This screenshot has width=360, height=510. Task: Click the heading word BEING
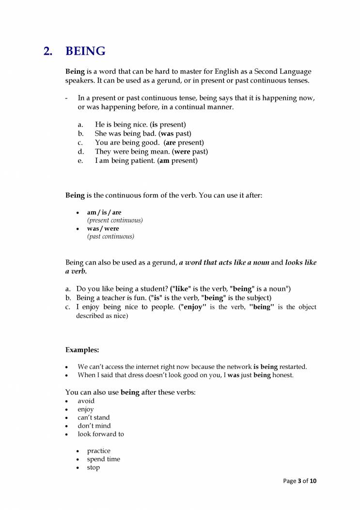click(x=85, y=51)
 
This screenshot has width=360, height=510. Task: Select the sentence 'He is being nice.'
click(x=121, y=125)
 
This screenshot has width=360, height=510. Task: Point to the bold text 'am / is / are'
click(x=104, y=212)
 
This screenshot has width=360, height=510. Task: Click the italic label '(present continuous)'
click(x=115, y=220)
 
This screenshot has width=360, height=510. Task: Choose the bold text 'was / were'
click(x=103, y=228)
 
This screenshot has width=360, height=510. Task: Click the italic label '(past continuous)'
click(x=110, y=237)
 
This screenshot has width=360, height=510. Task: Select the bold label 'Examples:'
click(x=82, y=349)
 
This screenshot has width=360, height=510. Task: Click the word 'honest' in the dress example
click(x=283, y=375)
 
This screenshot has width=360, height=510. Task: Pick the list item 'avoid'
click(x=86, y=401)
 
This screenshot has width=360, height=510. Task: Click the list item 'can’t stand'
click(x=94, y=417)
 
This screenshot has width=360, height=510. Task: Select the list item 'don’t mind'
click(x=94, y=426)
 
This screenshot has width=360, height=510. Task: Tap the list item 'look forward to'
click(x=101, y=434)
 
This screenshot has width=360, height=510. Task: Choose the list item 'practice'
click(x=99, y=451)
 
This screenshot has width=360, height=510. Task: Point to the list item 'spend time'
click(x=104, y=459)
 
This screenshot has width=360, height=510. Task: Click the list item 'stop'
click(x=94, y=467)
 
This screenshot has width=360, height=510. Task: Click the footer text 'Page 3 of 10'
click(x=299, y=481)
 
